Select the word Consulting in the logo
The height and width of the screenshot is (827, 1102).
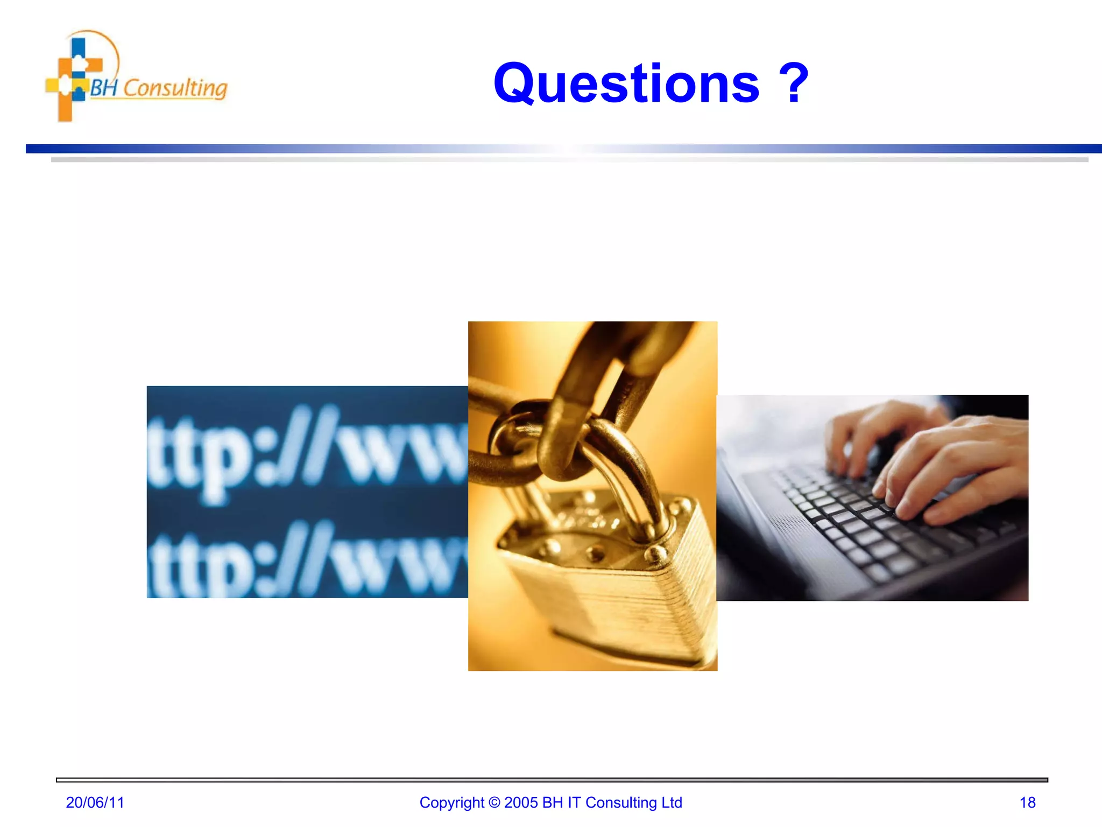click(175, 88)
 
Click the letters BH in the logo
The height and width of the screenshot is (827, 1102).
click(103, 87)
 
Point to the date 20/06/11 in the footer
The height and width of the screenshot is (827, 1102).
click(95, 802)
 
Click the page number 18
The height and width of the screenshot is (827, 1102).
click(1027, 802)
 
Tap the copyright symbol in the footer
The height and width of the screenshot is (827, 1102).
click(494, 803)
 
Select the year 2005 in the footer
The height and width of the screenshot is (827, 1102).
click(521, 802)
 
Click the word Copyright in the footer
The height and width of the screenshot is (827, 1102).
click(451, 803)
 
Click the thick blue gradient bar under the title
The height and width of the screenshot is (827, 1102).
click(560, 149)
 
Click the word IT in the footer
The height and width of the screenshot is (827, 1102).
click(574, 802)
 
